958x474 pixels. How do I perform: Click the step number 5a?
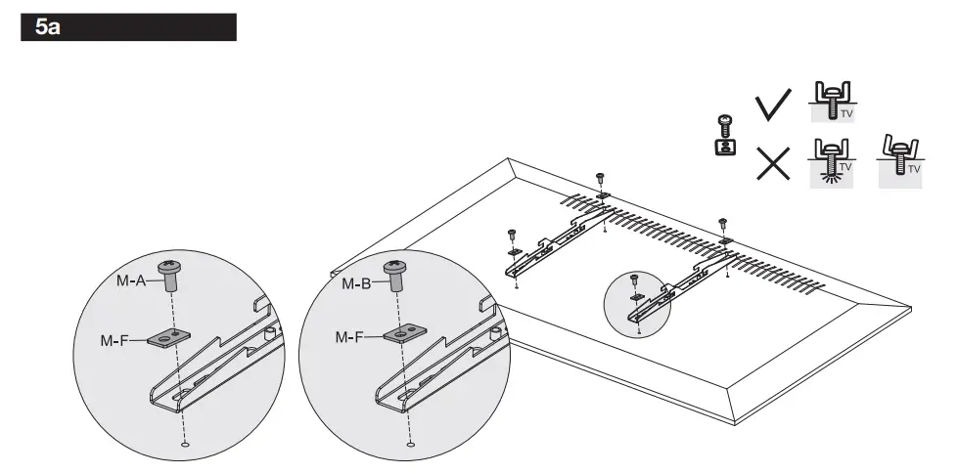click(47, 27)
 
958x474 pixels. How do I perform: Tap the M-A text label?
click(130, 280)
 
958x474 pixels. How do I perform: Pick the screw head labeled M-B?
click(397, 268)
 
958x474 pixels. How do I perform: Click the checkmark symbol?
click(774, 106)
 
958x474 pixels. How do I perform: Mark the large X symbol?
click(774, 161)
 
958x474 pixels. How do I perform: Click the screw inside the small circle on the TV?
click(635, 280)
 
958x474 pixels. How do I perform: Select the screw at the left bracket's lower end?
click(511, 235)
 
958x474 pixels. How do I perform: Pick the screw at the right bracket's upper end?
click(723, 223)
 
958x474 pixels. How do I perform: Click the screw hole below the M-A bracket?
click(185, 445)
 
